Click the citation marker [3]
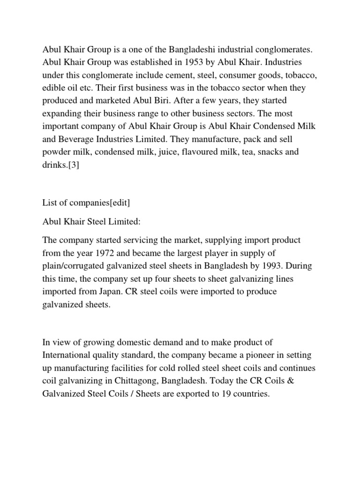(x=72, y=165)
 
